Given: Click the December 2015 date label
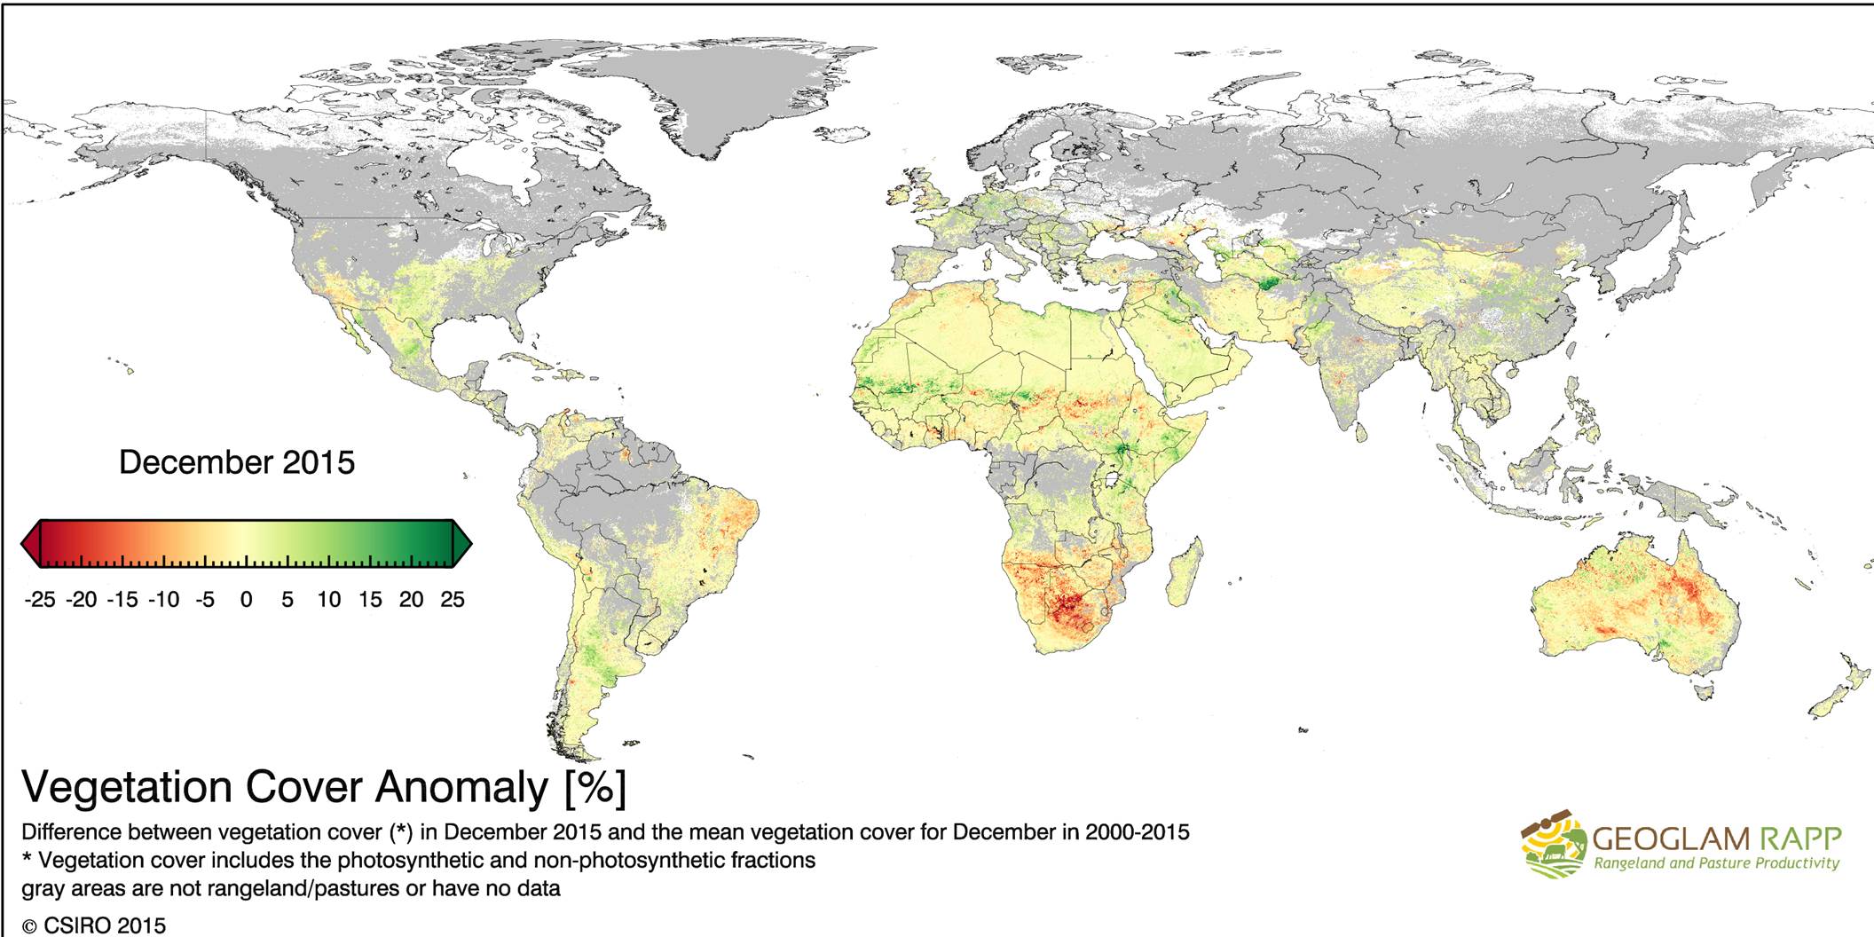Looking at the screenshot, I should [x=236, y=462].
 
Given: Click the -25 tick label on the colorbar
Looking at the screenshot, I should [x=39, y=600].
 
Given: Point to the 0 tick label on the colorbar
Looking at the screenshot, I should [x=246, y=600].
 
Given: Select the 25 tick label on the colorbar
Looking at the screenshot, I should [x=452, y=600].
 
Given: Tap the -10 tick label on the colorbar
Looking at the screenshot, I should [x=163, y=600].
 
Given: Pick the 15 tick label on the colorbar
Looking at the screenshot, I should [x=369, y=600].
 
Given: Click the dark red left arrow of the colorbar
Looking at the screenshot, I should [x=29, y=544].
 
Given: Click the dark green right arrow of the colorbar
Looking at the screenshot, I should [x=463, y=544].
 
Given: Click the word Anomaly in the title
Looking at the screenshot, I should [x=461, y=787].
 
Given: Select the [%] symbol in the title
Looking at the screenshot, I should [x=594, y=787].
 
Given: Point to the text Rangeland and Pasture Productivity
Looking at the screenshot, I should [x=1716, y=863].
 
